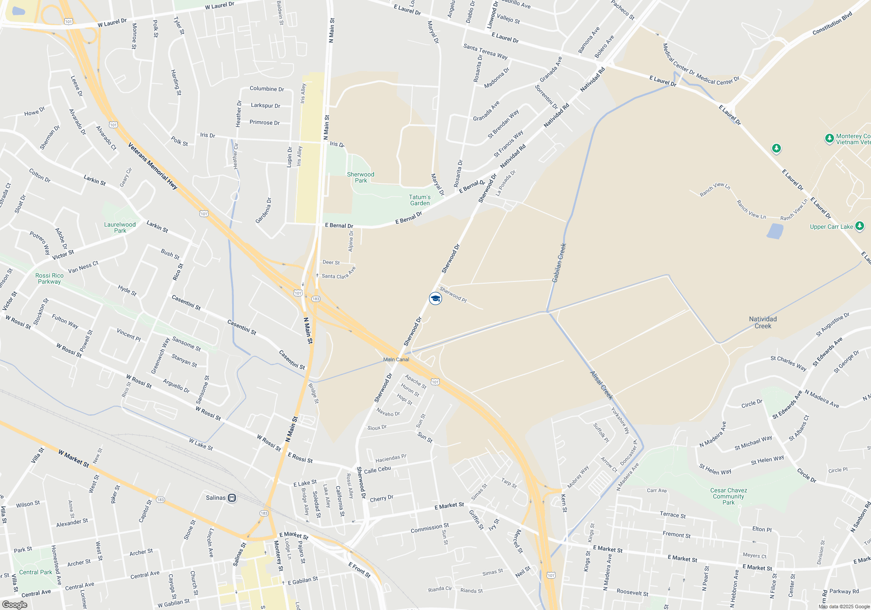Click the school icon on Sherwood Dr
coord(435,298)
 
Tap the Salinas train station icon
coord(232,498)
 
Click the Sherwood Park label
coord(361,177)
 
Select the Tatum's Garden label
coord(420,200)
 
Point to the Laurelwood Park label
coord(120,227)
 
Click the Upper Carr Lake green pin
coord(859,226)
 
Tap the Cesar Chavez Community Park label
coord(729,496)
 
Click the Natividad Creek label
coord(763,322)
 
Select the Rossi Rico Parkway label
coord(49,278)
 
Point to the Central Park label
coord(36,572)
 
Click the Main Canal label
coord(396,359)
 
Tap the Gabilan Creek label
coord(559,263)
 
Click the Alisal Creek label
coord(601,385)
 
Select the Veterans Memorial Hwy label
coord(153,166)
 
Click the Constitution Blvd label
coord(832,24)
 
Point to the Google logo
coord(15,604)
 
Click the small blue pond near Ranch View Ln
coord(775,231)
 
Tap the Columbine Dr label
coord(267,89)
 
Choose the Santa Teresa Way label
coord(485,52)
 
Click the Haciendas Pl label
coord(391,458)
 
